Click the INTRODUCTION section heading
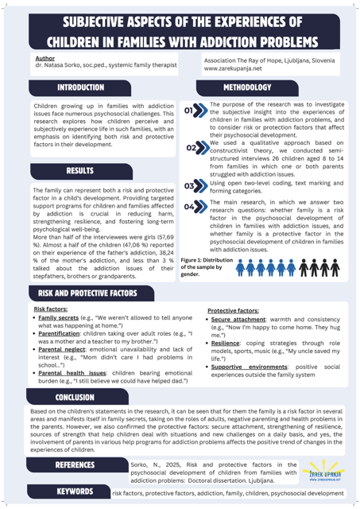pyautogui.click(x=80, y=86)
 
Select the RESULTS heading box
pyautogui.click(x=80, y=171)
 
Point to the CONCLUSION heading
pyautogui.click(x=75, y=396)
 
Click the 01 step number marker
pyautogui.click(x=195, y=111)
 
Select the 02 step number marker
pyautogui.click(x=195, y=148)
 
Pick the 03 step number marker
pyautogui.click(x=195, y=186)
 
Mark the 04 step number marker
pyautogui.click(x=195, y=208)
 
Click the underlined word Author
pyautogui.click(x=45, y=59)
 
